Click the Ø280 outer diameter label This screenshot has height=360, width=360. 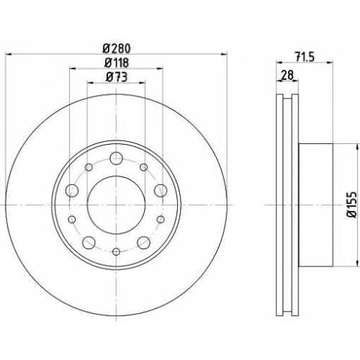pyautogui.click(x=117, y=49)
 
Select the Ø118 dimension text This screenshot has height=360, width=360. pyautogui.click(x=117, y=63)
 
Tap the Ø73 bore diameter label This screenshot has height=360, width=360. pyautogui.click(x=117, y=77)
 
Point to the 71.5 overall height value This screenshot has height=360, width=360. pyautogui.click(x=305, y=57)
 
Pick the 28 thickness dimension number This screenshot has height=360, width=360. pyautogui.click(x=287, y=75)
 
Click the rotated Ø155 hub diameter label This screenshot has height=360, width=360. pyautogui.click(x=353, y=204)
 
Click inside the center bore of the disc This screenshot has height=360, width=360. pyautogui.click(x=116, y=205)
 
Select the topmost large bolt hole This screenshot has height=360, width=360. pyautogui.click(x=116, y=158)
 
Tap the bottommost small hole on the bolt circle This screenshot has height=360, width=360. pyautogui.click(x=116, y=251)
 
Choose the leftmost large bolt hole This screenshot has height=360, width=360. pyautogui.click(x=72, y=191)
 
